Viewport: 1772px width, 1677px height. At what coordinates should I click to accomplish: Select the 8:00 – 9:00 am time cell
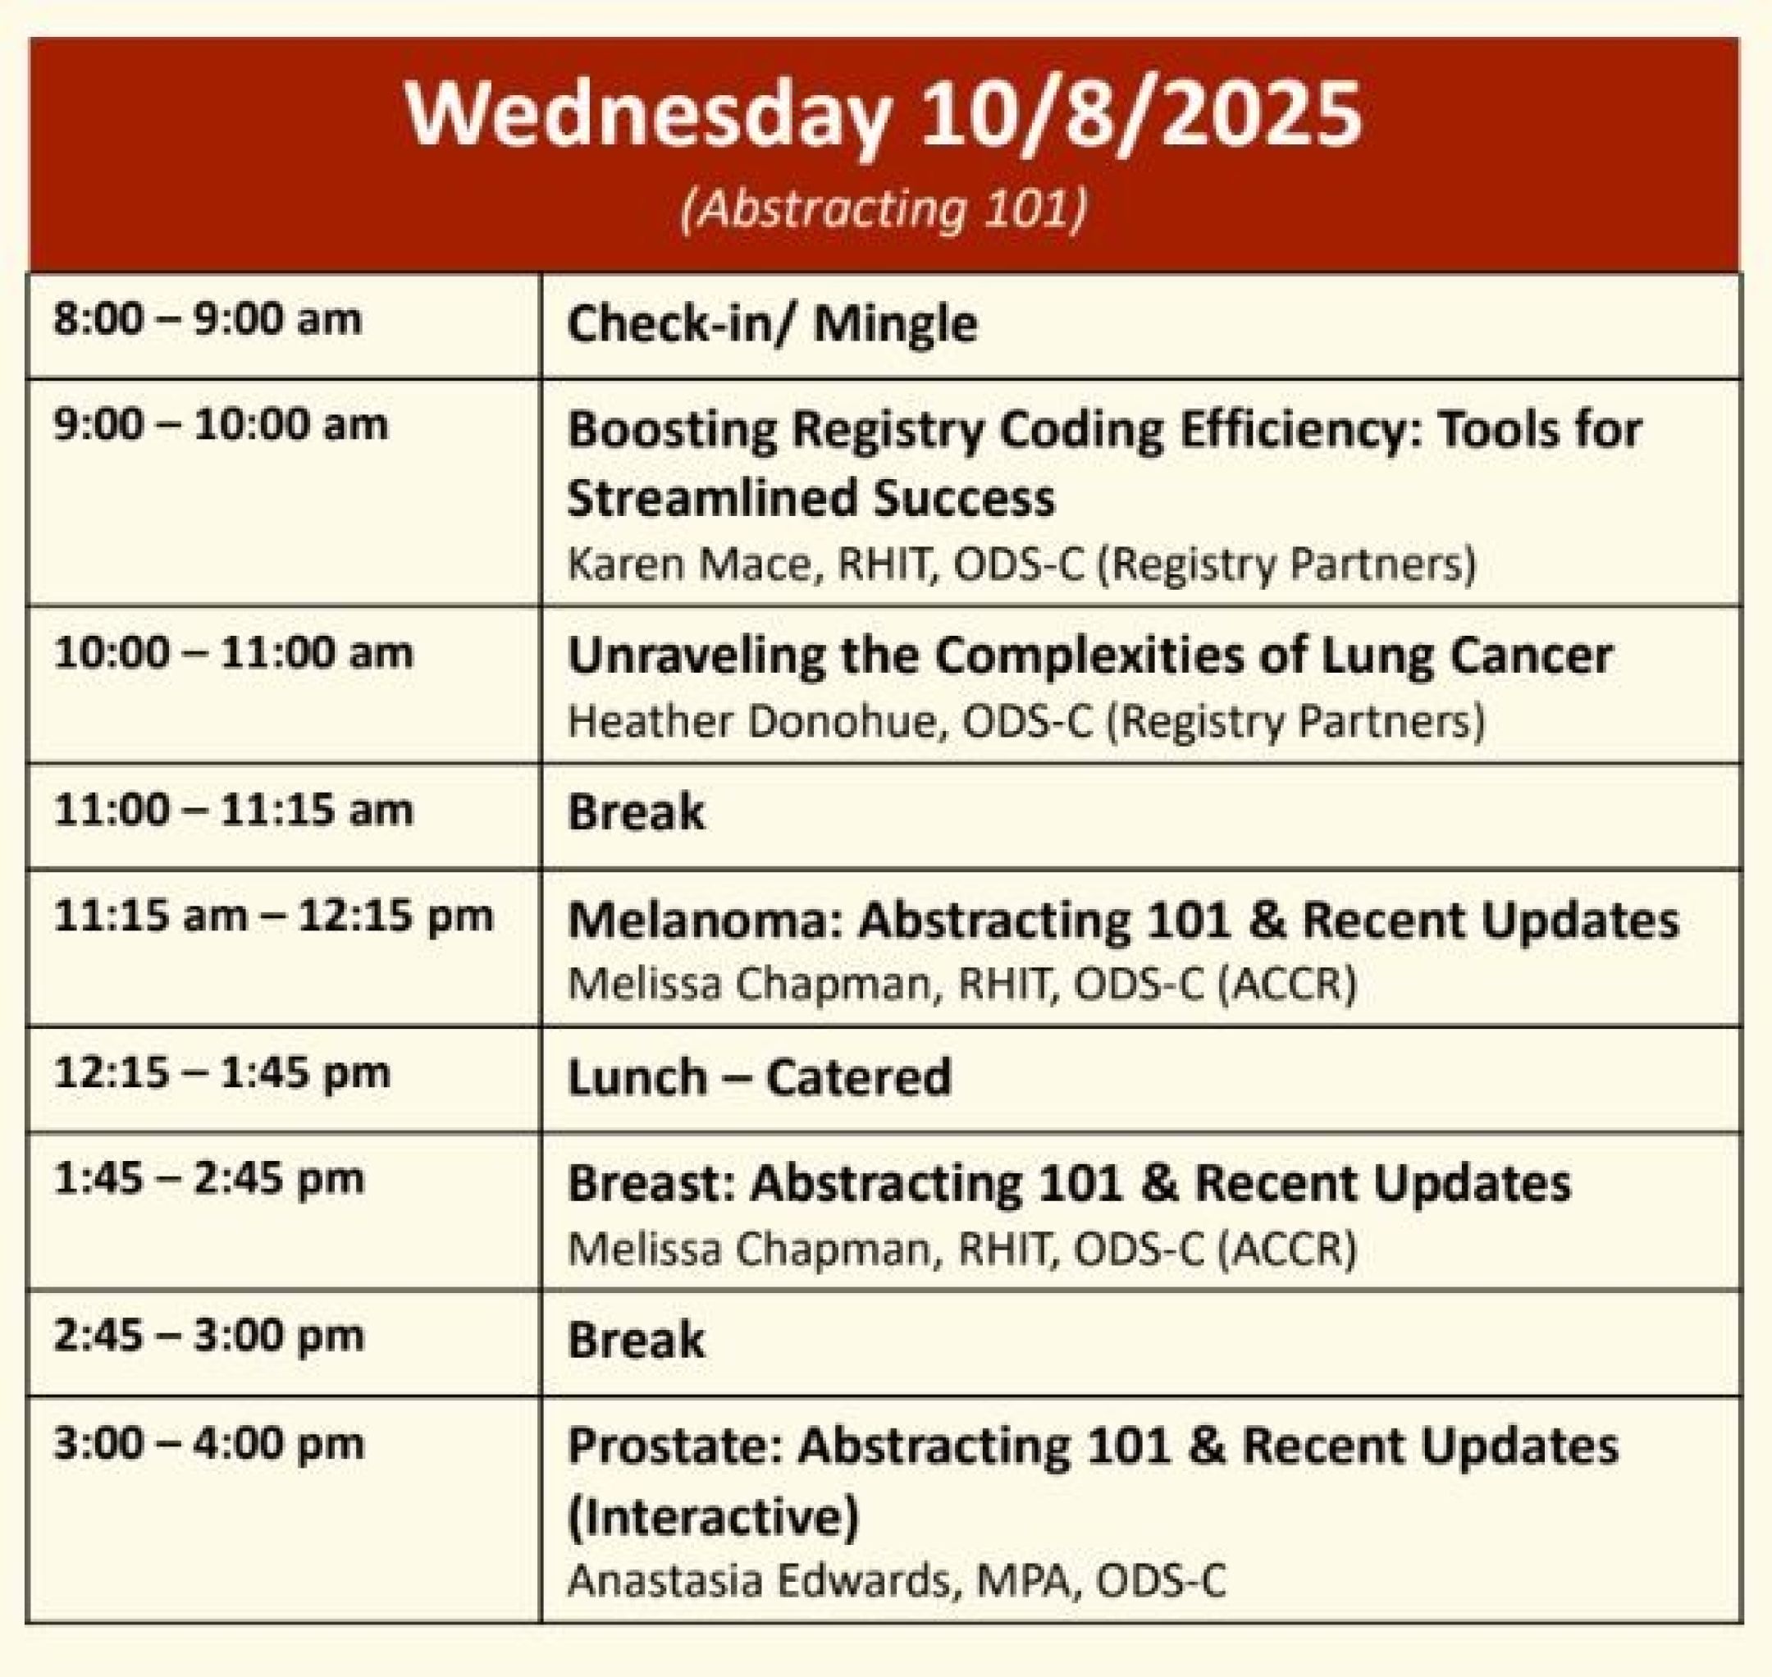208,319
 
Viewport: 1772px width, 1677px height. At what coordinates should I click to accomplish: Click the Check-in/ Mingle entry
772,322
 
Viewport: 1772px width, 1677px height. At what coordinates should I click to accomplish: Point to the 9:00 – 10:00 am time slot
221,425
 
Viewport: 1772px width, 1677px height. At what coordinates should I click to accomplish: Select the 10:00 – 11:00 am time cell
233,652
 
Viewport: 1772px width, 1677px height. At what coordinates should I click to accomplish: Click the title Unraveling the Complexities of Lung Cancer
1089,656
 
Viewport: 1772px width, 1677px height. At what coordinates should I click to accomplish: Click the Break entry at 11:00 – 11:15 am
636,811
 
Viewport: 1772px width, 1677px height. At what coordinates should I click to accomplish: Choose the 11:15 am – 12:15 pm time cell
273,916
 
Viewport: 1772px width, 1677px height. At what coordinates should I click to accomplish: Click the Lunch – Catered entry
759,1076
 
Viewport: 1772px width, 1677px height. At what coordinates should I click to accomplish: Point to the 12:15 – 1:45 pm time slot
221,1072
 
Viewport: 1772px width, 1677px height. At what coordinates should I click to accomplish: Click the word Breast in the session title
651,1182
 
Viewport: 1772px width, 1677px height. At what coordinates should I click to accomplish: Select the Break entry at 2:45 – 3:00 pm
636,1339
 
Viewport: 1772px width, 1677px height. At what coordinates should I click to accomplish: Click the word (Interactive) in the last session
714,1516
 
